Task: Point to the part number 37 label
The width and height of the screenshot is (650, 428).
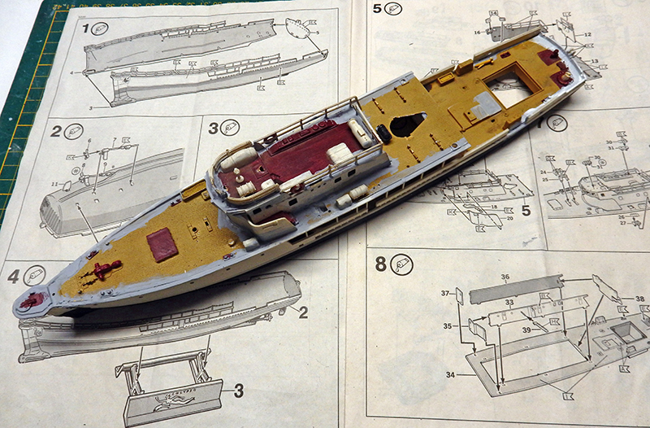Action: coord(445,293)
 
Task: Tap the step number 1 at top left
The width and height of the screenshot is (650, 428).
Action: coord(87,29)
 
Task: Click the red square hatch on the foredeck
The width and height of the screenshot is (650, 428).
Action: coord(163,243)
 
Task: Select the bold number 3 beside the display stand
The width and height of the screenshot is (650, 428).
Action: coord(238,391)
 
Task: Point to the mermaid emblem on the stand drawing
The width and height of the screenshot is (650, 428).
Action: coord(173,402)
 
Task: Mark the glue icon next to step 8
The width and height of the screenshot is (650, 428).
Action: coord(403,264)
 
